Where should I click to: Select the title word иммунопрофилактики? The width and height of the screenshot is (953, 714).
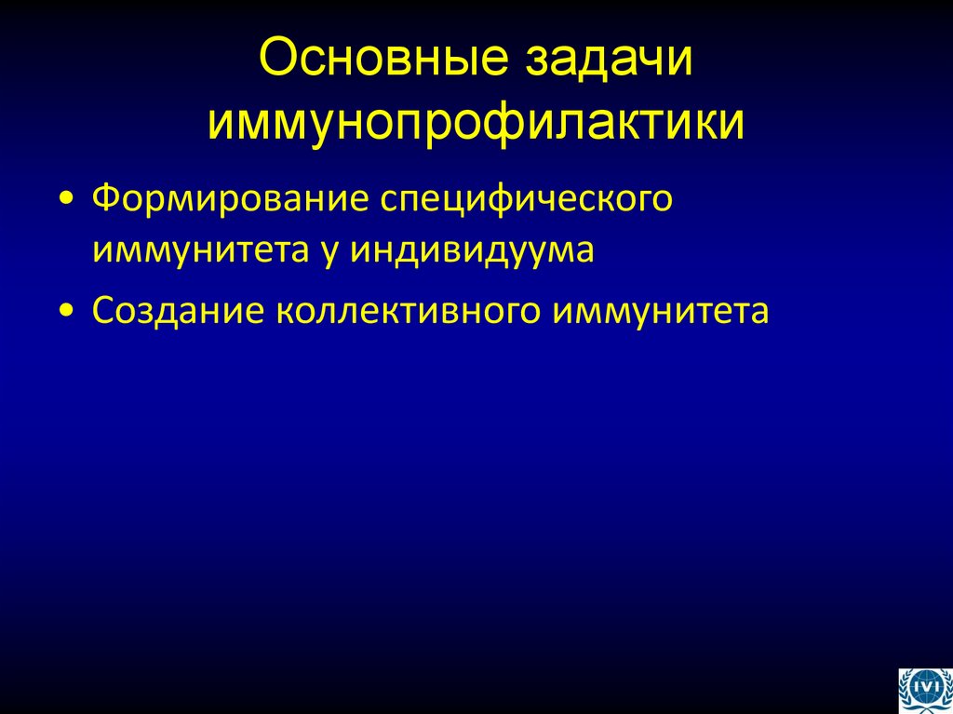click(476, 122)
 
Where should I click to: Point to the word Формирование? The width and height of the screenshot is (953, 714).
click(218, 199)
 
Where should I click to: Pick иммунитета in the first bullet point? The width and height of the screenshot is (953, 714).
click(199, 249)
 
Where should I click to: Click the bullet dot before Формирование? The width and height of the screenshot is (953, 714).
click(67, 201)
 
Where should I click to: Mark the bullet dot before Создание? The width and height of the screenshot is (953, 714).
click(67, 311)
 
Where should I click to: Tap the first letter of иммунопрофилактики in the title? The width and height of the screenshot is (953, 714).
click(221, 122)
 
